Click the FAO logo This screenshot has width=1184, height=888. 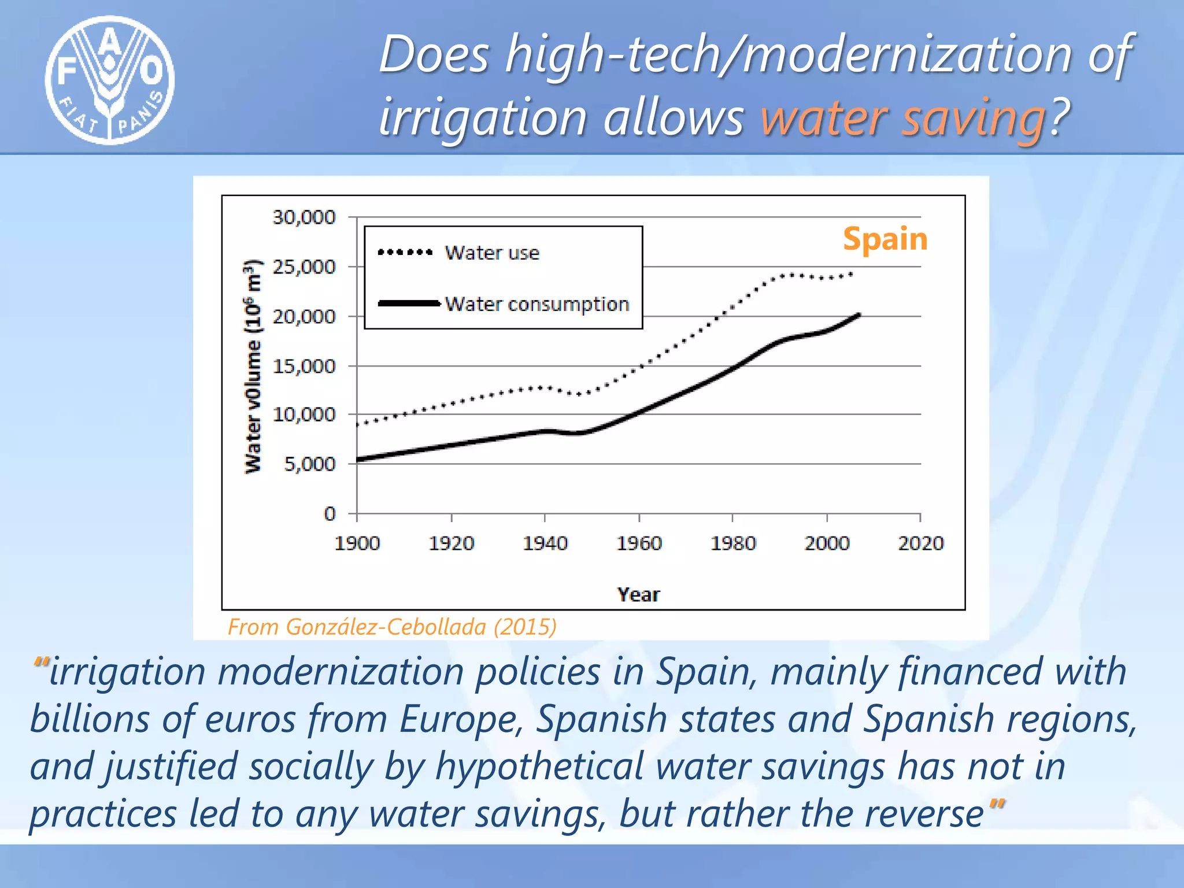pos(110,80)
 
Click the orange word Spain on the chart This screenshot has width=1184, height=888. pos(885,239)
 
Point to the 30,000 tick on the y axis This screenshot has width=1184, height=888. pos(304,217)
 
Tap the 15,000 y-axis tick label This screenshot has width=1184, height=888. pos(304,366)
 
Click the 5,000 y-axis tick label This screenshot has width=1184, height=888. pos(309,464)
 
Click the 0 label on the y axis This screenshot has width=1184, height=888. pos(330,513)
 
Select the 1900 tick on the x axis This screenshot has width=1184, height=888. pos(357,543)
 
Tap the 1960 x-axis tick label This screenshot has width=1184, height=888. pos(639,543)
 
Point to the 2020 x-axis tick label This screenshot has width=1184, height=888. pos(920,543)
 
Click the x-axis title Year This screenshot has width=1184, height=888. pos(638,594)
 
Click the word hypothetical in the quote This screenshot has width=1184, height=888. pos(539,767)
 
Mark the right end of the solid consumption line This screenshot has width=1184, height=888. pos(859,315)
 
